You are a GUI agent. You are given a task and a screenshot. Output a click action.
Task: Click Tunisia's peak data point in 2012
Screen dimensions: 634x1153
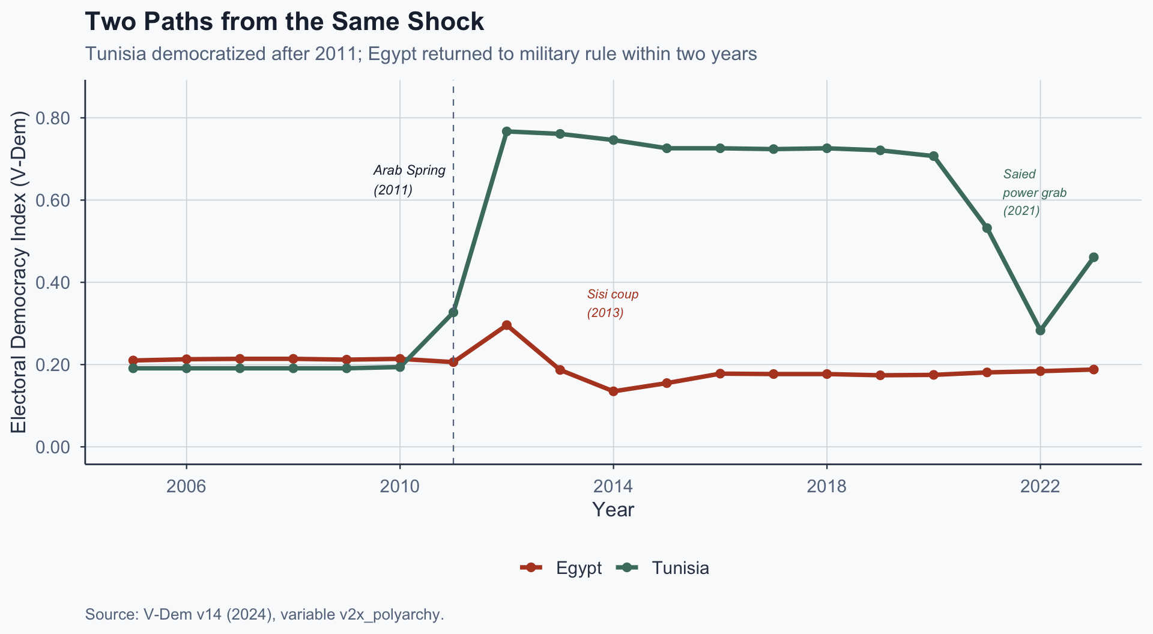point(506,131)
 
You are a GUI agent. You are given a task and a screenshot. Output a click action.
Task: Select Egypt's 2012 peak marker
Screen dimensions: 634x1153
point(506,325)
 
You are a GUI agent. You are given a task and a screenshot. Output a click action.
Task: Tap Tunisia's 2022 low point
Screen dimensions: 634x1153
point(1040,330)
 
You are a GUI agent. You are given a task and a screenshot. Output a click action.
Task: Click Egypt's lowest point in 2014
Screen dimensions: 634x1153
point(613,391)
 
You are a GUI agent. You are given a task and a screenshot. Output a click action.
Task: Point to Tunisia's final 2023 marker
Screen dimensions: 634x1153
point(1094,258)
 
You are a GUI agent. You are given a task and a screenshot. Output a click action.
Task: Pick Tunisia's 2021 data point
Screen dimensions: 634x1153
point(987,228)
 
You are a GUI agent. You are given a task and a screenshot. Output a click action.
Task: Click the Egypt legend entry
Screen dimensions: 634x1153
point(561,568)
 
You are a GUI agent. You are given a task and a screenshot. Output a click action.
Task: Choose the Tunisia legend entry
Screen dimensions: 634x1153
point(664,568)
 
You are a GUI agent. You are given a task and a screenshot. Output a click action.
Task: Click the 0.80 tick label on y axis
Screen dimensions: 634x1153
point(53,118)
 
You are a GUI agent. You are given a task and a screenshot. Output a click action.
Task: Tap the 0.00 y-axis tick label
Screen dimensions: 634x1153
point(53,447)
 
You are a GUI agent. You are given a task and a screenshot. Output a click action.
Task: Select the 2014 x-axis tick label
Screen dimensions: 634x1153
point(613,486)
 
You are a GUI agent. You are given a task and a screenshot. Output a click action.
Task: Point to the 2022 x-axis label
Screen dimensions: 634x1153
point(1040,486)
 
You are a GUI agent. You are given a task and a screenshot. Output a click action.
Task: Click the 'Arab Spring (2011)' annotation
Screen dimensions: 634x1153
point(410,180)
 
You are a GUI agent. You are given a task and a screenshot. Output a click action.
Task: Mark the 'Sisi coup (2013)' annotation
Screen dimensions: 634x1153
point(613,303)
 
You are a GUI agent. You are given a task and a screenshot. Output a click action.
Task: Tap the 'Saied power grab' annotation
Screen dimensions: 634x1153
point(1034,193)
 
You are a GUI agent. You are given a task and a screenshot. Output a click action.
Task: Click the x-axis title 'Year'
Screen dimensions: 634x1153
point(613,510)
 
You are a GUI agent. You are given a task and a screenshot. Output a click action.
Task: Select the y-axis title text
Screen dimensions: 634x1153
point(19,272)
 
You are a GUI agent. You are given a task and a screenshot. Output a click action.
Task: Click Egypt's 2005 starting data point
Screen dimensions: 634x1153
point(133,361)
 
